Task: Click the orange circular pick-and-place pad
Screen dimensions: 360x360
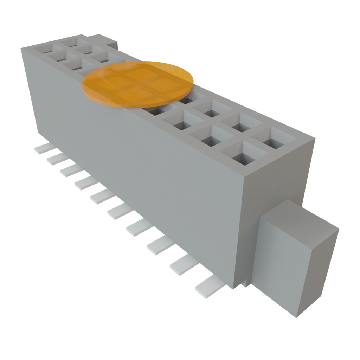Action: pos(138,84)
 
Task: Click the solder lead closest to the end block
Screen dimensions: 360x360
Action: pos(210,287)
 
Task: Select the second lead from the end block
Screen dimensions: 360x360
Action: pos(183,264)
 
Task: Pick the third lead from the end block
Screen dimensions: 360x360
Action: pos(160,245)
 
